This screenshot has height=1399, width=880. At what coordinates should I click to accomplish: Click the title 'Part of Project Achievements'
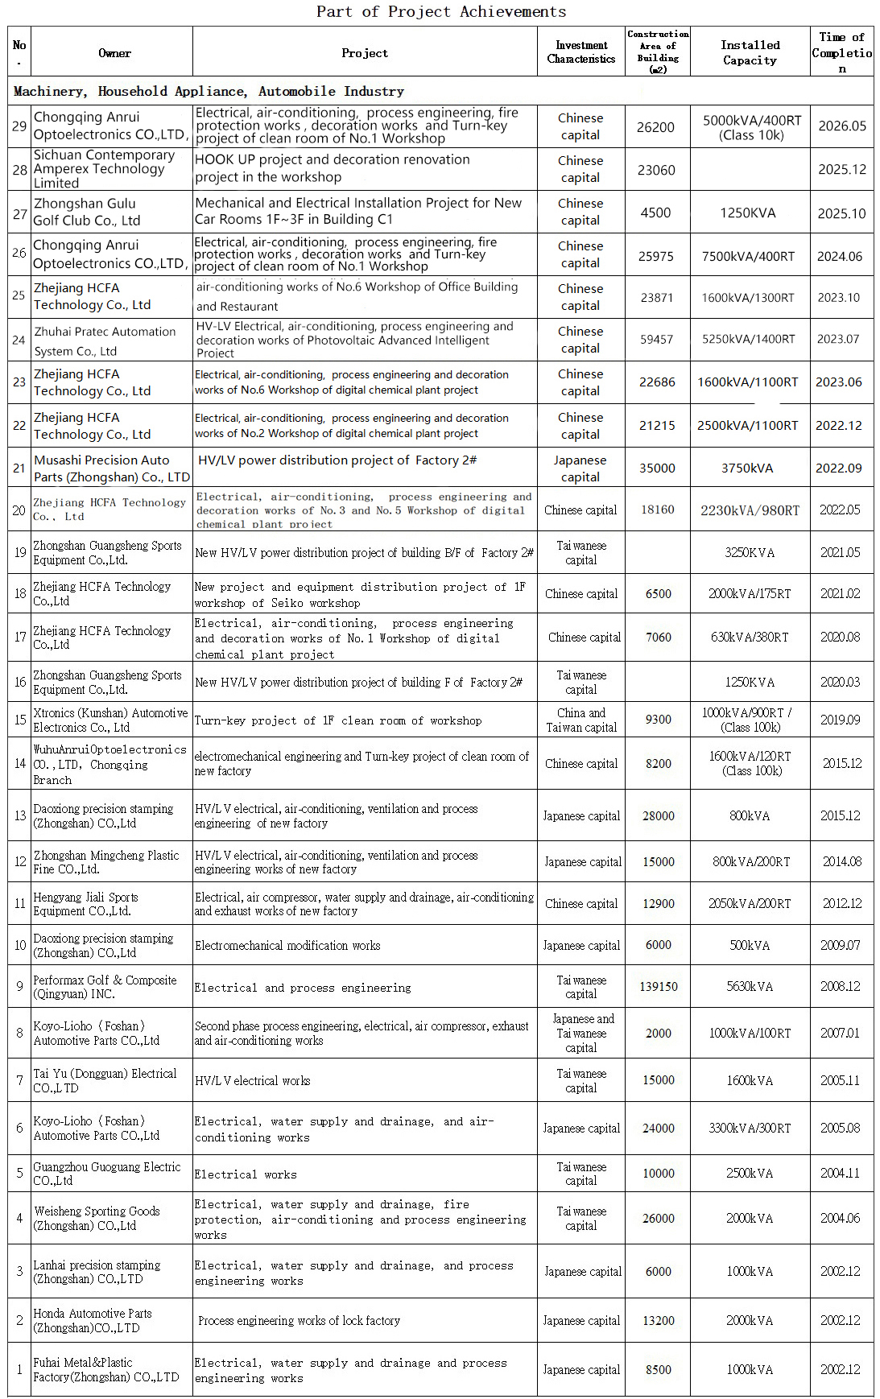tap(440, 11)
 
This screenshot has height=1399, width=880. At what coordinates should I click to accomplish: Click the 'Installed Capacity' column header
tap(750, 52)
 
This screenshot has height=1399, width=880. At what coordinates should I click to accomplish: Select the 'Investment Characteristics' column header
tap(580, 52)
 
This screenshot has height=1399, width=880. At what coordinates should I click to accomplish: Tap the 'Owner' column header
tap(114, 53)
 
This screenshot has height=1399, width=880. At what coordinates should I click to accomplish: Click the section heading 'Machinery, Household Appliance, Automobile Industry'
tap(209, 91)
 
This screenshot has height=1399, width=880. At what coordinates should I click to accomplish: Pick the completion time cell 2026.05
tap(841, 126)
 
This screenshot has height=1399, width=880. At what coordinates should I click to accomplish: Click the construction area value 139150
tap(658, 987)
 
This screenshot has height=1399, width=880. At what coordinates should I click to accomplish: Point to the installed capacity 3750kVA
tap(747, 468)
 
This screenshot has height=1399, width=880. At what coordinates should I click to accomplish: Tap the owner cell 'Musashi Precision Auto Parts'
tap(111, 468)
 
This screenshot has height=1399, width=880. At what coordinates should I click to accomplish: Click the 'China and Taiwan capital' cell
tap(580, 720)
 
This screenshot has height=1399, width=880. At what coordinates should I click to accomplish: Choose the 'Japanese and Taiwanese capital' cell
tap(581, 1034)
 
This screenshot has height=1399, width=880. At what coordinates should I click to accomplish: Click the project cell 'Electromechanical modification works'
tap(287, 946)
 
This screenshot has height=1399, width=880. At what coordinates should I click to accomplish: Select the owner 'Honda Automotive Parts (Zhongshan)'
tap(92, 1321)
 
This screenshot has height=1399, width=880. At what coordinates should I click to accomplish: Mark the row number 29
tap(19, 126)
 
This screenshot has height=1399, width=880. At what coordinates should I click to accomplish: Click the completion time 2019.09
tap(840, 720)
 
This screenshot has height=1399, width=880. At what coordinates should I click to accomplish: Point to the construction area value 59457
tap(656, 340)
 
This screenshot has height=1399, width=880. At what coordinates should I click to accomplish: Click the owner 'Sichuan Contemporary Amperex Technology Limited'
tap(104, 169)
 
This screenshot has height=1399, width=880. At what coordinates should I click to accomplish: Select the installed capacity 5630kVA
tap(750, 987)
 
